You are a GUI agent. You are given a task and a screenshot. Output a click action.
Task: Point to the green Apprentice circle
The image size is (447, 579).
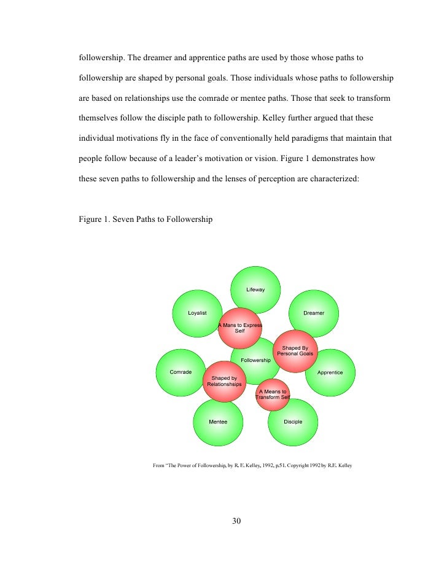[330, 372]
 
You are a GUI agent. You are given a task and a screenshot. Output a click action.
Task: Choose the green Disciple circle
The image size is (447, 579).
[293, 422]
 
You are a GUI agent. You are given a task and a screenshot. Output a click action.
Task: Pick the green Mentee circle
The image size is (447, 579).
[218, 422]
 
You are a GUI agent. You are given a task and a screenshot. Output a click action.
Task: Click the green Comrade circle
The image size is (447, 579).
[181, 372]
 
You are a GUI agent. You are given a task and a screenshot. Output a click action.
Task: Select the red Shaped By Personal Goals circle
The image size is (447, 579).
[295, 351]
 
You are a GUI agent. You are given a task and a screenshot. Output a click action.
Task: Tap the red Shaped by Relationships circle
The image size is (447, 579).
[224, 381]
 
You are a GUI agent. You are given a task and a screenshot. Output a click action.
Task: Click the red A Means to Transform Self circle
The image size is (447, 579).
[272, 394]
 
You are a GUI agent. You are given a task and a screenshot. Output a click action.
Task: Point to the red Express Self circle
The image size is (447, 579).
[240, 328]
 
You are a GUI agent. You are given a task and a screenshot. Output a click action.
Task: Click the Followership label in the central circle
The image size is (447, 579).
[256, 360]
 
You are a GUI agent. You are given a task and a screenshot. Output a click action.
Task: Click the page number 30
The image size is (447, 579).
[237, 522]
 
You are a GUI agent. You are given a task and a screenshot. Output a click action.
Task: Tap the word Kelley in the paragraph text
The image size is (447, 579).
[281, 117]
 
